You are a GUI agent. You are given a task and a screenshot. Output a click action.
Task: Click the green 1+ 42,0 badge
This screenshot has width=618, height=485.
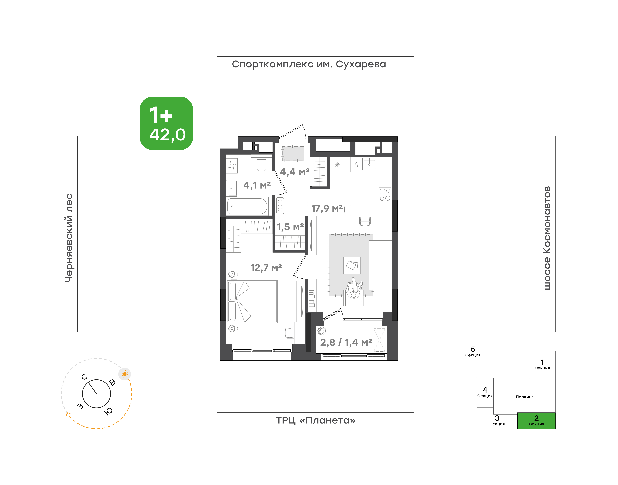(166, 123)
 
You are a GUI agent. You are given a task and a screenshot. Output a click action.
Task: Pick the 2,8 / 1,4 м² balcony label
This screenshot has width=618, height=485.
(346, 342)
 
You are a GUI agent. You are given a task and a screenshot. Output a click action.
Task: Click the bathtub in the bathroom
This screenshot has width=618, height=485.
(247, 206)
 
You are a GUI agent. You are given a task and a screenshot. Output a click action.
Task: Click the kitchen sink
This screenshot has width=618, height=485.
(369, 164)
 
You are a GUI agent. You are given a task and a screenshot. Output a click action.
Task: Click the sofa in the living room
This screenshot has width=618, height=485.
(380, 265)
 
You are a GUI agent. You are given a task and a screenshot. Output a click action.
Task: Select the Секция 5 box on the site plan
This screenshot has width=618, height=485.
(473, 352)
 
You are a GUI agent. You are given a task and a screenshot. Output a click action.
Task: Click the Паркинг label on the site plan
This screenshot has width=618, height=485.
(524, 397)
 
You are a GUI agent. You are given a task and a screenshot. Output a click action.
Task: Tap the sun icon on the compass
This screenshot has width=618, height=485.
(124, 374)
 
